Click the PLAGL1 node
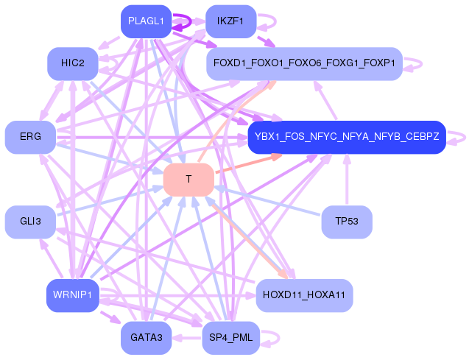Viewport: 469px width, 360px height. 145,21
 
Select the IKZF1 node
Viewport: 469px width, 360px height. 230,21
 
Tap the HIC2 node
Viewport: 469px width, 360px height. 73,63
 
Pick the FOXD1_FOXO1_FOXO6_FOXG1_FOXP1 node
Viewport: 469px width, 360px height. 304,63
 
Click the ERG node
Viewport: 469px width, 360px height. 30,137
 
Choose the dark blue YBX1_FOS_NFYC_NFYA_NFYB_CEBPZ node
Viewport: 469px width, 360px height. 347,137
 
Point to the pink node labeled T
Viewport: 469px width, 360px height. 188,180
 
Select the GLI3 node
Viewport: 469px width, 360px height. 30,222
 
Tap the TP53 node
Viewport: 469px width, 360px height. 346,222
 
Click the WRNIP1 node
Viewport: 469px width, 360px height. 72,295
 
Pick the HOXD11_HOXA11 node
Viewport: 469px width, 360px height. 304,295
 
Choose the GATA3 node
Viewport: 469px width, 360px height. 146,338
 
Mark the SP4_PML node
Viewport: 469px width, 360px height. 230,338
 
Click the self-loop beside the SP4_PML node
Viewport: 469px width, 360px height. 271,338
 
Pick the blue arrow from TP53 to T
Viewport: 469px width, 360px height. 269,200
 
